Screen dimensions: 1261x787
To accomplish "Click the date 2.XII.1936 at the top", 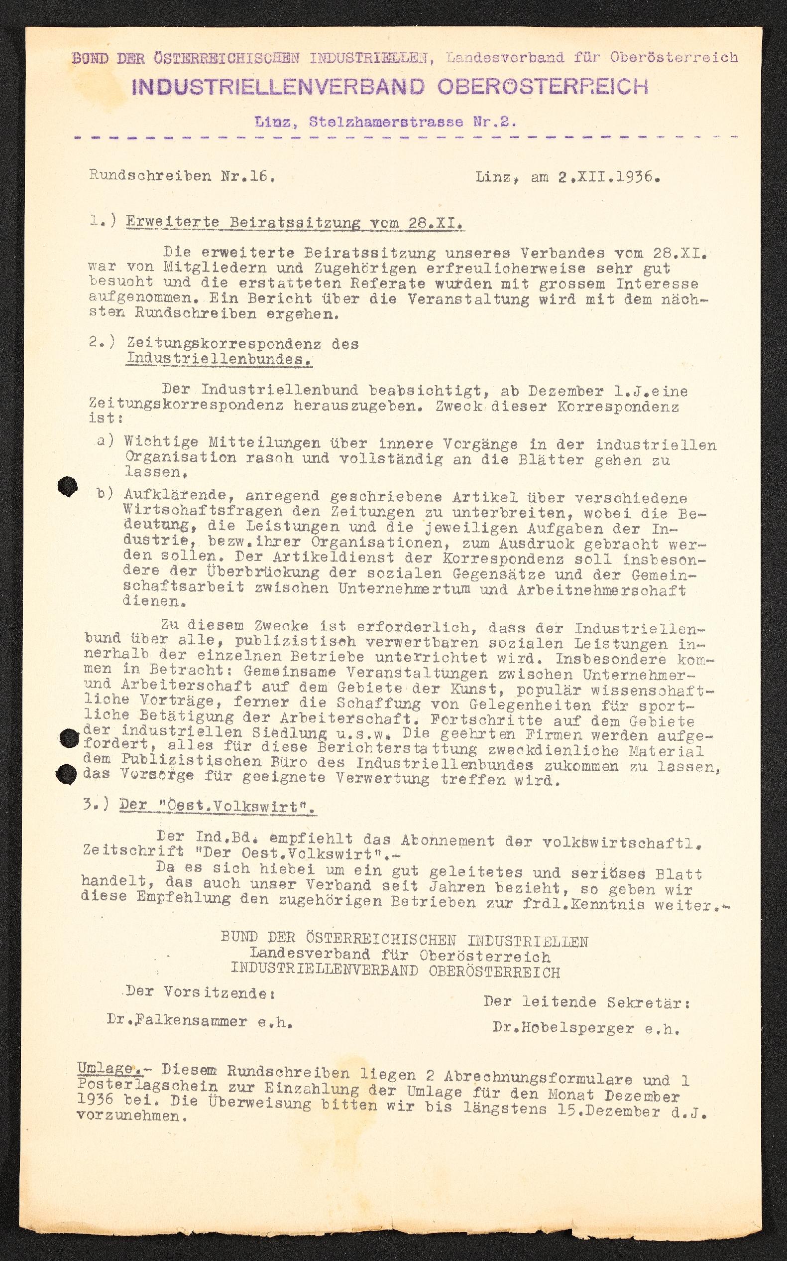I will point(609,177).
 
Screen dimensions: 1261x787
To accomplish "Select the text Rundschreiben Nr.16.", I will point(182,175).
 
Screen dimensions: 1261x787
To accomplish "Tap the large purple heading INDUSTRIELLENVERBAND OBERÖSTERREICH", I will point(390,87).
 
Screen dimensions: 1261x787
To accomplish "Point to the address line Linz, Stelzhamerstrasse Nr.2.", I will point(385,123).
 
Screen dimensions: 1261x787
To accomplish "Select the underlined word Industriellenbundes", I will point(219,360).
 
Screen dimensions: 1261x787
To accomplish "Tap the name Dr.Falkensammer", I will point(177,1021).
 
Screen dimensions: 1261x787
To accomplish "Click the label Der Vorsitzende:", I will point(200,992).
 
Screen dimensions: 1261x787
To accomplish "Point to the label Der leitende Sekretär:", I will point(587,1001).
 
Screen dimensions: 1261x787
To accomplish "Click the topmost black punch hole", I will point(67,487).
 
